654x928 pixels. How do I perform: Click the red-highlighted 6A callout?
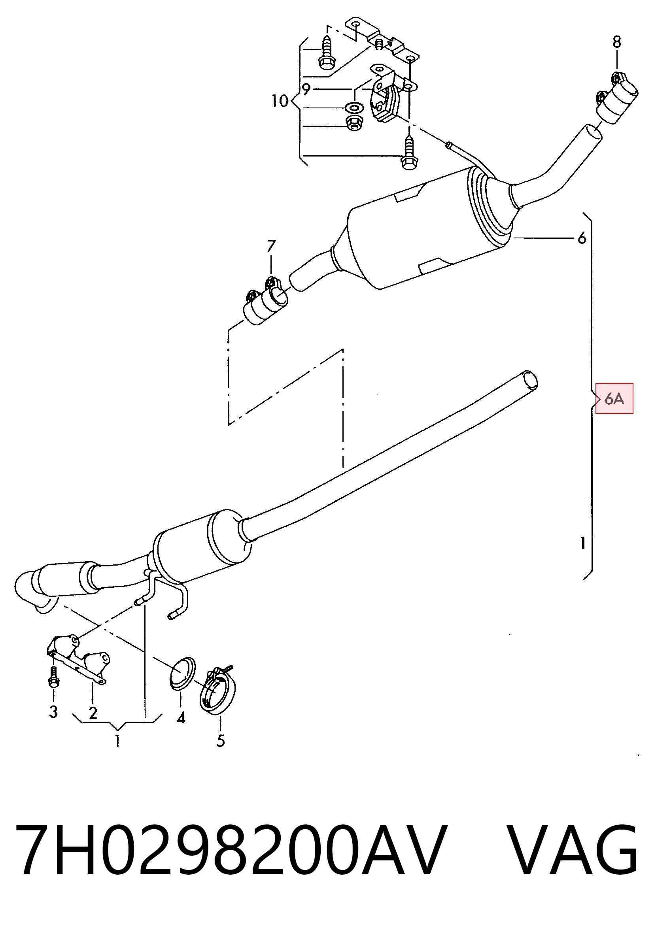click(x=614, y=398)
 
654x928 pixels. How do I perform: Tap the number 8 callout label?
click(x=616, y=41)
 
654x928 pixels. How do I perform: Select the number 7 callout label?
click(x=271, y=246)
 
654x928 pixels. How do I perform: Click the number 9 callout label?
click(x=306, y=89)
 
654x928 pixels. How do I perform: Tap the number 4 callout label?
click(x=181, y=718)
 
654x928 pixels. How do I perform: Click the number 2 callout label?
click(x=93, y=713)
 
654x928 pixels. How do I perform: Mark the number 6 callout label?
click(x=582, y=238)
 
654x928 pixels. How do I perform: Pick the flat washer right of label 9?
click(x=353, y=108)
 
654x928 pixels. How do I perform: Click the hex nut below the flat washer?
click(x=355, y=123)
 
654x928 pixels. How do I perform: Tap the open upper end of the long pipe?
click(x=530, y=380)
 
